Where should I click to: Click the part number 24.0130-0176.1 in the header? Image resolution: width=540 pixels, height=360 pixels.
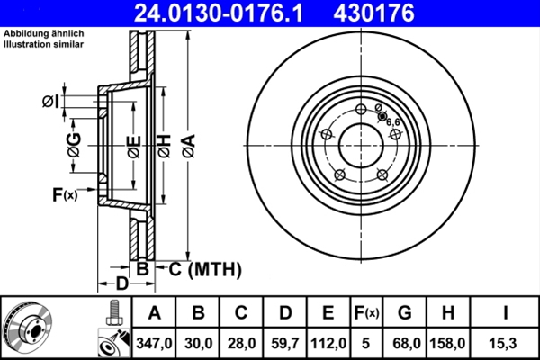pos(219,13)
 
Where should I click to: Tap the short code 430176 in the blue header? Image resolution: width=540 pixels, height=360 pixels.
pos(374,13)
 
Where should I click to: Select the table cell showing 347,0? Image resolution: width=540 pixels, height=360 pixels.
pos(154,344)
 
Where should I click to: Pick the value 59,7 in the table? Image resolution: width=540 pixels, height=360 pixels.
pos(284,344)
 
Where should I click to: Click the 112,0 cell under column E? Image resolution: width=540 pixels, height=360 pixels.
pos(328,344)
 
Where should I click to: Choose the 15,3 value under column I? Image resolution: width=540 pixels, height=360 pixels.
pos(505,344)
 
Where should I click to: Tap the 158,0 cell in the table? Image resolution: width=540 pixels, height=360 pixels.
pos(447,344)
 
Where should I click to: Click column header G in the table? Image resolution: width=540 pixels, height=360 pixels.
pos(405,313)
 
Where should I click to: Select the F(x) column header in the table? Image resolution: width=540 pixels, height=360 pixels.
pos(366,313)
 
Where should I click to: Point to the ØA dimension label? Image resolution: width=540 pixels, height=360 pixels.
pos(189,146)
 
